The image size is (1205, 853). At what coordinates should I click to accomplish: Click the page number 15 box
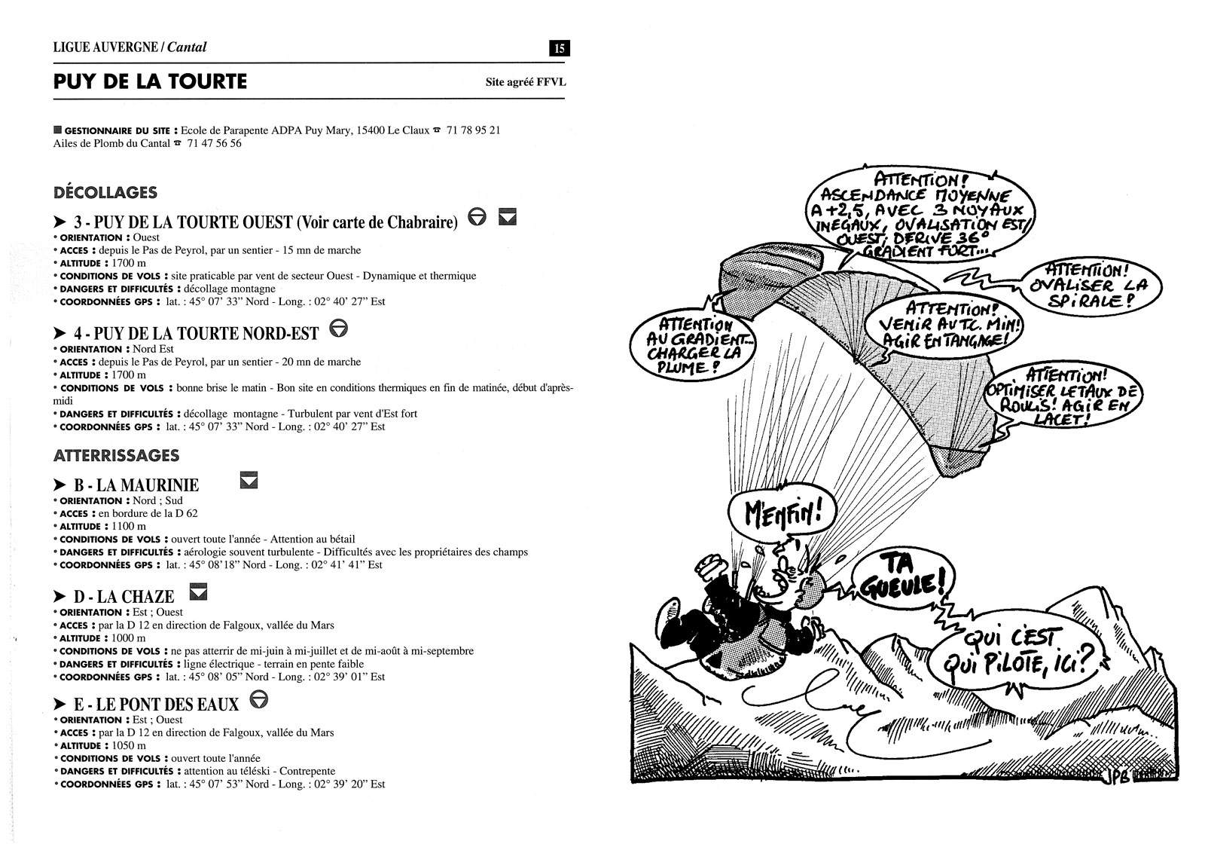tap(560, 48)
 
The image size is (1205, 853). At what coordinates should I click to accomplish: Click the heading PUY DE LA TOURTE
tap(150, 81)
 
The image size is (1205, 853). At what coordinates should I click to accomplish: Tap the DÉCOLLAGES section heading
tap(105, 192)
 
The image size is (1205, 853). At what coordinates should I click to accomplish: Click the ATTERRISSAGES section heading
tap(116, 455)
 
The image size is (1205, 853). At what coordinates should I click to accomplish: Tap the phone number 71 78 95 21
tap(473, 130)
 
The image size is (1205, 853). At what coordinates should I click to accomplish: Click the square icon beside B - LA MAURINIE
tap(249, 480)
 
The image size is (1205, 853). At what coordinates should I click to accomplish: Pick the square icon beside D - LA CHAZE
tap(198, 592)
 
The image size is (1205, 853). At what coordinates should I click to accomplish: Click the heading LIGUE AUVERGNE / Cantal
tap(130, 47)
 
